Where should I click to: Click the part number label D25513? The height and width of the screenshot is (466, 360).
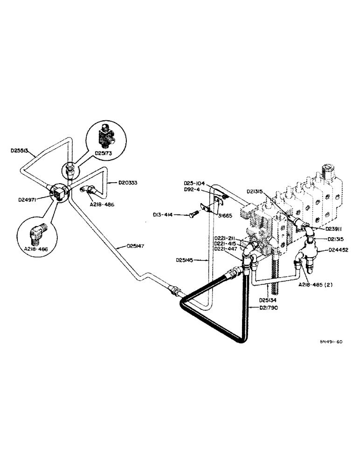coord(20,151)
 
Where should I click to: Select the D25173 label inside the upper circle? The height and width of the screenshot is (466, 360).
coord(105,152)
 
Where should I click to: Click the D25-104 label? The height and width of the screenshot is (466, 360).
coord(194,184)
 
